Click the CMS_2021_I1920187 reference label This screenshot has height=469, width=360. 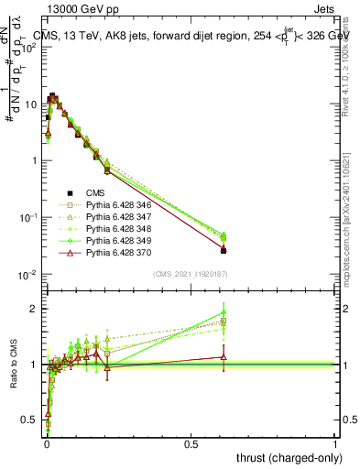[x=190, y=273]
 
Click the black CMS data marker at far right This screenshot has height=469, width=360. [x=224, y=250]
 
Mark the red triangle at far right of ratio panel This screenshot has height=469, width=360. [x=224, y=357]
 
